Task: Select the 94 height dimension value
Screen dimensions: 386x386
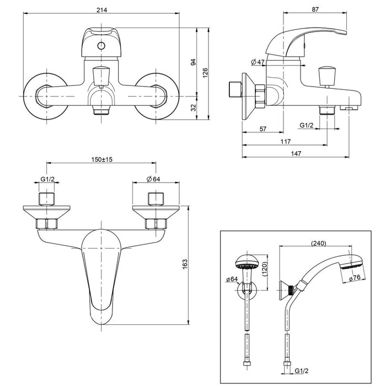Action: tap(193, 62)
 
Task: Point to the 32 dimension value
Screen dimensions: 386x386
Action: tap(193, 108)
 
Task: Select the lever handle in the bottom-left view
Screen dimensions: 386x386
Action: tap(102, 270)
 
